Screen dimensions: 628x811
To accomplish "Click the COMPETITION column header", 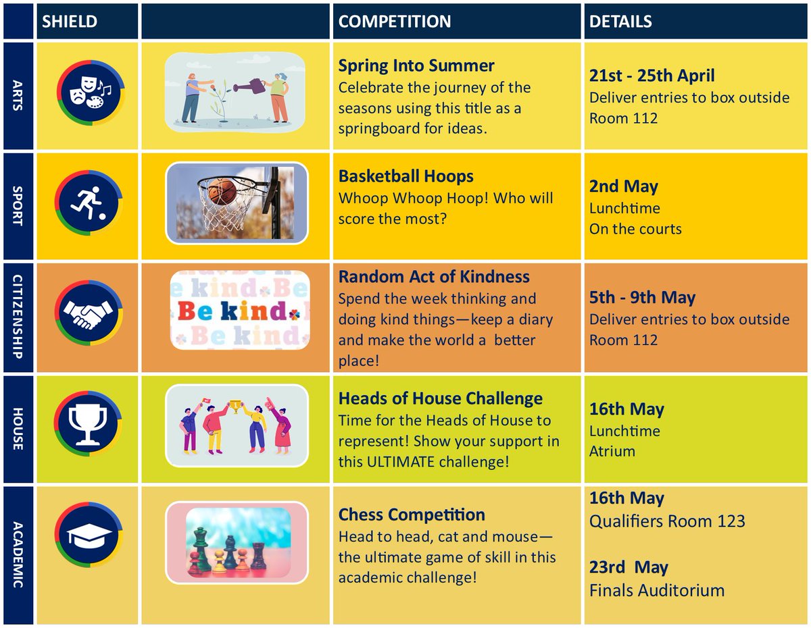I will pos(395,22).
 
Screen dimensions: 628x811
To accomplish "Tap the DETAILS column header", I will pos(620,22).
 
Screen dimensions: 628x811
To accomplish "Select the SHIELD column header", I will pos(70,22).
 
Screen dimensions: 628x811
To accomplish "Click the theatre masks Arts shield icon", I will pos(89,95).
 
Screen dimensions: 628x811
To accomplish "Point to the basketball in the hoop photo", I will pos(223,191).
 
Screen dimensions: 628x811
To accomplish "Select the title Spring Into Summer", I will pos(416,66).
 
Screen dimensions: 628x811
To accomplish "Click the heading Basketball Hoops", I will pos(405,177).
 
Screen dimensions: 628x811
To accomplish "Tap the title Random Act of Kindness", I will pos(434,277).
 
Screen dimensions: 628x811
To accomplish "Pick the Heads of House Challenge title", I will pos(440,399).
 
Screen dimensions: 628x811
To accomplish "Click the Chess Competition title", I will pos(412,515).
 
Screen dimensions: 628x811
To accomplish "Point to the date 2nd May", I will pos(624,186).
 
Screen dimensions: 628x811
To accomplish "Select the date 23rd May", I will pos(629,567).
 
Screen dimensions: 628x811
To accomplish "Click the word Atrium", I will pos(612,451).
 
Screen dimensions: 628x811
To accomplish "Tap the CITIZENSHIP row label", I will pos(18,315).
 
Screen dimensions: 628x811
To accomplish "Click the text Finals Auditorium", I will pos(656,590).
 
